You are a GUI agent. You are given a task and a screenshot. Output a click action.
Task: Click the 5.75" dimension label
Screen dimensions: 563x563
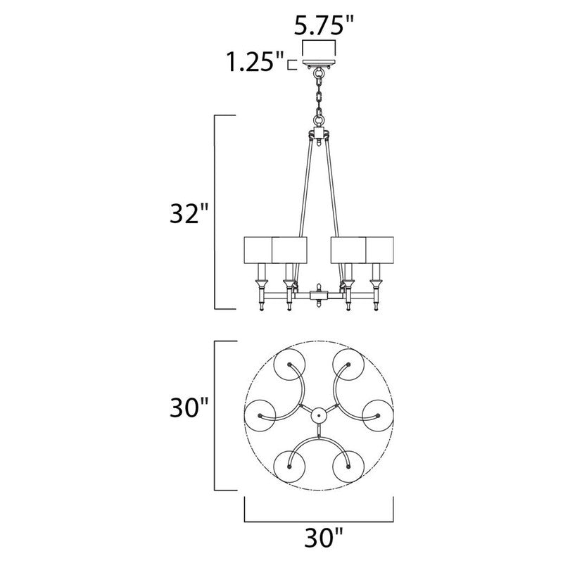[322, 27]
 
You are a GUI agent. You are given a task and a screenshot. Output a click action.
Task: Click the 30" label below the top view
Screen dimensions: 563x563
[320, 540]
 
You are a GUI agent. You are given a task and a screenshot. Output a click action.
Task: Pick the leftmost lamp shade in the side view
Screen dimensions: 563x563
[258, 248]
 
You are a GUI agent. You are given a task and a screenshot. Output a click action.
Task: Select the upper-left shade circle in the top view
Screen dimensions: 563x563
[291, 365]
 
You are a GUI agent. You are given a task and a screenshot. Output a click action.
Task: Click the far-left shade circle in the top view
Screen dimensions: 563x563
[262, 416]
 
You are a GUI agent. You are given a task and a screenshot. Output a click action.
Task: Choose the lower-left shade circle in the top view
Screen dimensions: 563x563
[291, 467]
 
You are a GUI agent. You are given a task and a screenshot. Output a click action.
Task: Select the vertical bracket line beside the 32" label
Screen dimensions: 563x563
[214, 212]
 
